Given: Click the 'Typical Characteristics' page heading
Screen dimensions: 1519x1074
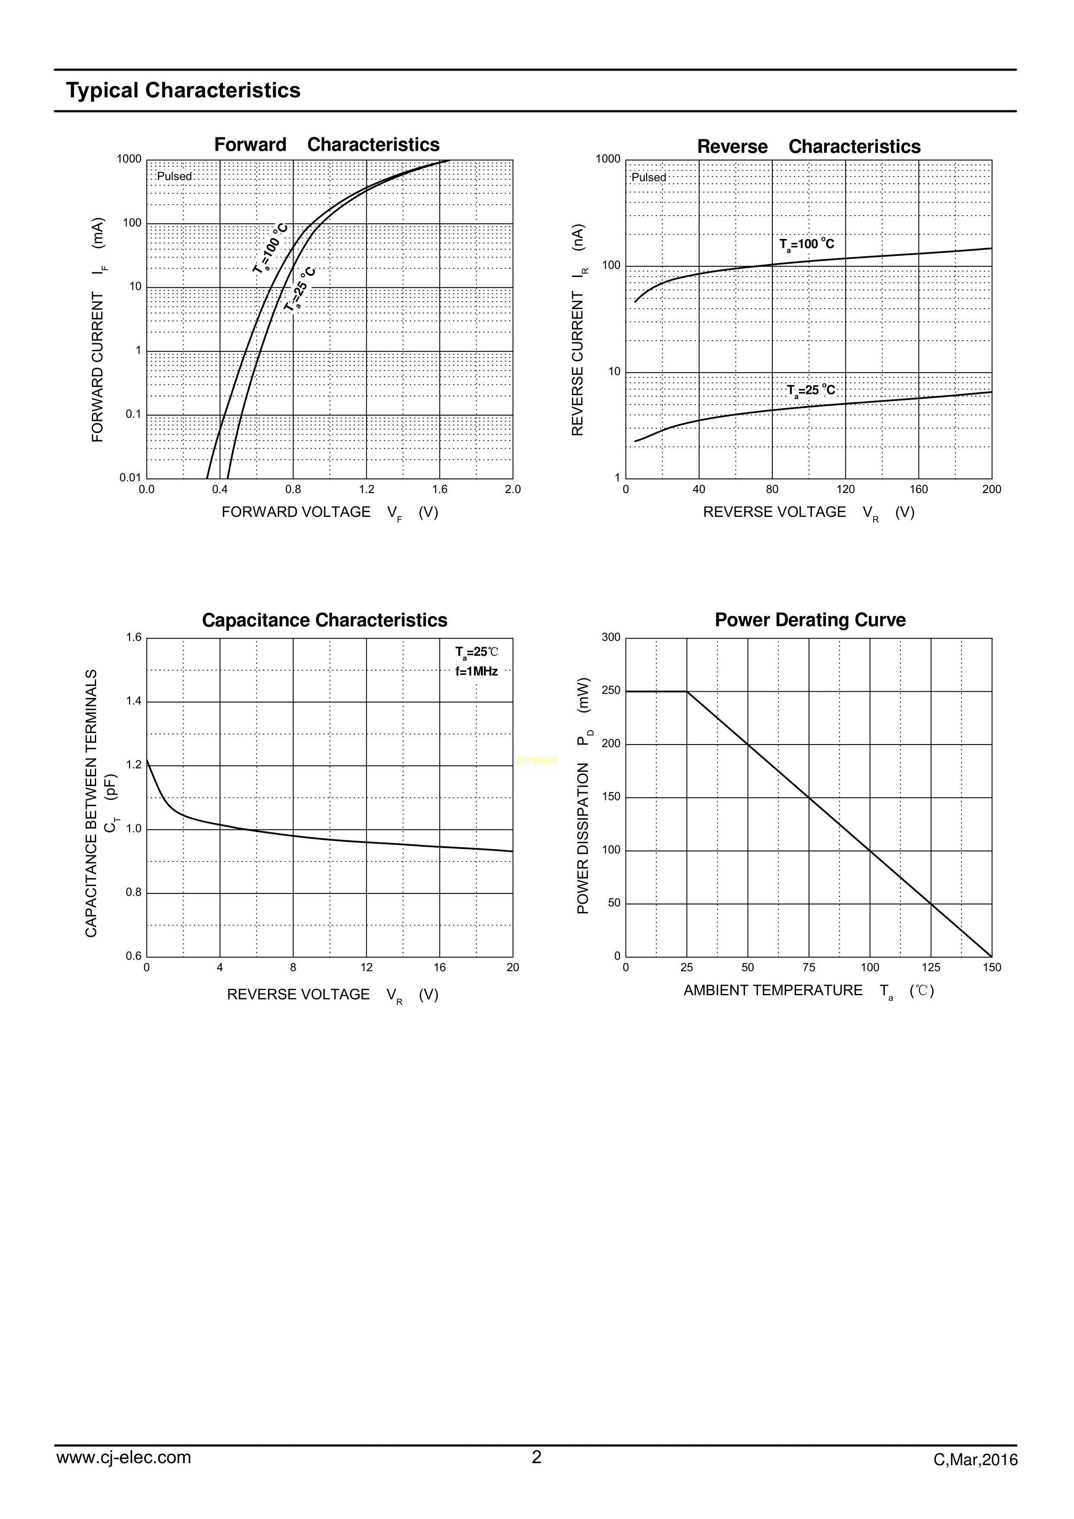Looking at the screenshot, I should [183, 90].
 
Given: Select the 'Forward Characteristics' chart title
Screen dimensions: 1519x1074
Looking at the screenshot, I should [326, 145].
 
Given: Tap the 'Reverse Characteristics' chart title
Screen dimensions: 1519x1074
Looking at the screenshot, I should [809, 147].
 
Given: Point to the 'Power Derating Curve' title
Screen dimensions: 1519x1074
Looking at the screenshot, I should [810, 621].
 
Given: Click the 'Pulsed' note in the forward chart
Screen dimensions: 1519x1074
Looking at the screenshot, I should [174, 177].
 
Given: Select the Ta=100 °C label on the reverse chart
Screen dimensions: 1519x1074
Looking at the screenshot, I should [806, 244].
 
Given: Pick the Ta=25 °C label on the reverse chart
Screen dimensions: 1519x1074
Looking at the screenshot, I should [811, 390].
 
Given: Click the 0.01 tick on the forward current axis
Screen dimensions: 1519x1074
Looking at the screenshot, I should [130, 477].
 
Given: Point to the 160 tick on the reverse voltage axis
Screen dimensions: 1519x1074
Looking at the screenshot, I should [919, 490].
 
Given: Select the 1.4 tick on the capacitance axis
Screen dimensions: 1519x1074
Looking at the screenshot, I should [134, 701].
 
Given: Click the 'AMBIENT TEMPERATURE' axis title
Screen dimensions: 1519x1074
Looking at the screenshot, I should [773, 990].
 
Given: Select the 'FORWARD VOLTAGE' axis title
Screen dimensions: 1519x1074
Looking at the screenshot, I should [296, 512].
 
